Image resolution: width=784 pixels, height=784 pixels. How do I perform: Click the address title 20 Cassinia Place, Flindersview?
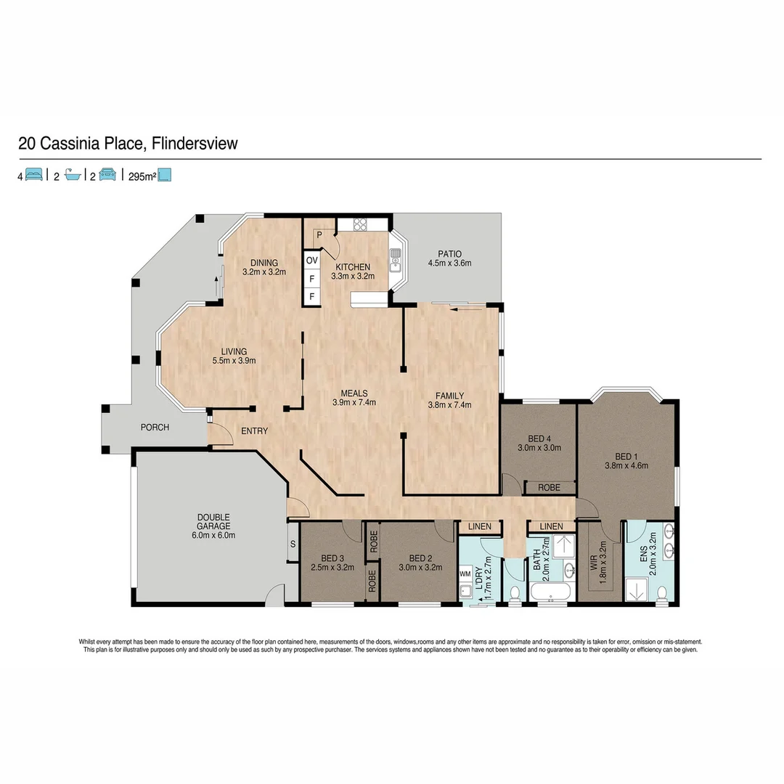pyautogui.click(x=128, y=143)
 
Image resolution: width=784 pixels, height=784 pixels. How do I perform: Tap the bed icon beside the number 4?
pyautogui.click(x=34, y=175)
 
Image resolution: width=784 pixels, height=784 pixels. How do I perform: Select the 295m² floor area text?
pyautogui.click(x=142, y=175)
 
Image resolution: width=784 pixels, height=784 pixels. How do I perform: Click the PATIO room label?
pyautogui.click(x=444, y=253)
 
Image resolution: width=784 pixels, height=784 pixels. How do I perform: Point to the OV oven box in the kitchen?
pyautogui.click(x=311, y=260)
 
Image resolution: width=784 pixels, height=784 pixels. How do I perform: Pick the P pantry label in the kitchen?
pyautogui.click(x=319, y=235)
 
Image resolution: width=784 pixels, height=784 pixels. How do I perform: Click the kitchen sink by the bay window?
pyautogui.click(x=396, y=259)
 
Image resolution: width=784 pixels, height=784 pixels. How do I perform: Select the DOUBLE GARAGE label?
pyautogui.click(x=213, y=522)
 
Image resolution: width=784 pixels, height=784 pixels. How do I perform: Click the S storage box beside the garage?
pyautogui.click(x=293, y=544)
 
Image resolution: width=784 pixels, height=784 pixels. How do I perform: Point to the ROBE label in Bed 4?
pyautogui.click(x=549, y=488)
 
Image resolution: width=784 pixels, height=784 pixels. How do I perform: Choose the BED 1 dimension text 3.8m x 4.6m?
pyautogui.click(x=626, y=466)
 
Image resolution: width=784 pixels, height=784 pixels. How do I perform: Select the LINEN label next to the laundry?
pyautogui.click(x=480, y=526)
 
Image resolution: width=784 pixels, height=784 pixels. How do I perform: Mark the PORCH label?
pyautogui.click(x=155, y=428)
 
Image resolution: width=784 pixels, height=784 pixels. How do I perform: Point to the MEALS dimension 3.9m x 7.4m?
pyautogui.click(x=354, y=402)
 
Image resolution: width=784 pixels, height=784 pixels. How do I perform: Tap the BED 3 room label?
pyautogui.click(x=332, y=558)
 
